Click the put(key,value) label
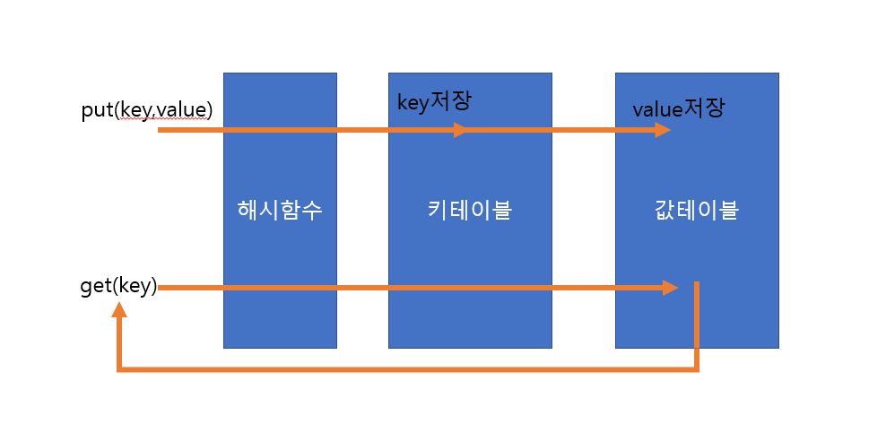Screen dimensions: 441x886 point(146,109)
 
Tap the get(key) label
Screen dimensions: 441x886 point(118,287)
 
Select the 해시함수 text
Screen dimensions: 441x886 point(280,211)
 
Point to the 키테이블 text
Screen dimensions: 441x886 point(469,211)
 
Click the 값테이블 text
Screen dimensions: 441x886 point(697,211)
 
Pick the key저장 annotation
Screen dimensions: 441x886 point(434,101)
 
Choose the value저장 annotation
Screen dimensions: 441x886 point(678,109)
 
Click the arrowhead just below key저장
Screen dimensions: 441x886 point(460,130)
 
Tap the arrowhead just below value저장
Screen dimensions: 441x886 point(663,130)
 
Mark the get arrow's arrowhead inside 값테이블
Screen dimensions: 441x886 point(670,288)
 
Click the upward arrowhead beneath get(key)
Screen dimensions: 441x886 point(118,310)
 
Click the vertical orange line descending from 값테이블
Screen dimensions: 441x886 point(696,323)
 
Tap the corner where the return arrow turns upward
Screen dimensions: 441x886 point(118,368)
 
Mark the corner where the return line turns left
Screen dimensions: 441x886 point(696,368)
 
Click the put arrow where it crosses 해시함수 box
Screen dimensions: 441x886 point(280,130)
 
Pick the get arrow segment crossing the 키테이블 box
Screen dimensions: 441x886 point(469,288)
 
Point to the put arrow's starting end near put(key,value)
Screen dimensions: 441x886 point(161,130)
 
